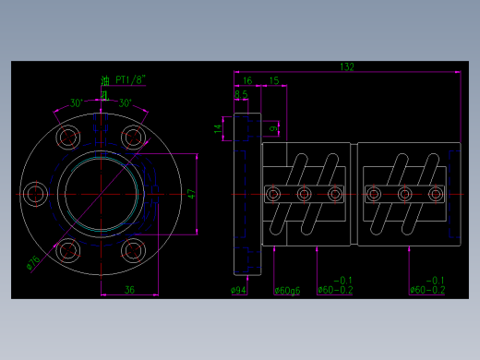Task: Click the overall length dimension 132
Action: tap(347, 67)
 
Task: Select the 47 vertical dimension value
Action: tap(191, 194)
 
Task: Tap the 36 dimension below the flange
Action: tap(129, 290)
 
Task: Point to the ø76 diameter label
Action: tap(32, 264)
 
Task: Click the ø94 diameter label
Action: tap(237, 290)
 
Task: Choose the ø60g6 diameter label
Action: tap(287, 290)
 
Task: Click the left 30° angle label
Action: tap(76, 102)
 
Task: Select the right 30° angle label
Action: tap(125, 102)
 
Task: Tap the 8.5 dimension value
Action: tap(241, 94)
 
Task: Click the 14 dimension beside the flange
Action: tap(218, 129)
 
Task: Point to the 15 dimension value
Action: tap(274, 81)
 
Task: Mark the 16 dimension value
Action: tap(246, 81)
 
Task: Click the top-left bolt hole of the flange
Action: tap(67, 138)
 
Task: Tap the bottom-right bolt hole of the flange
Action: tap(133, 249)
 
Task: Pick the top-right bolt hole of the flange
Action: tap(133, 138)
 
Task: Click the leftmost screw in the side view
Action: tap(273, 194)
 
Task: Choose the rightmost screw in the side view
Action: tap(434, 194)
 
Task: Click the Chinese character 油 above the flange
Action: tap(105, 80)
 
